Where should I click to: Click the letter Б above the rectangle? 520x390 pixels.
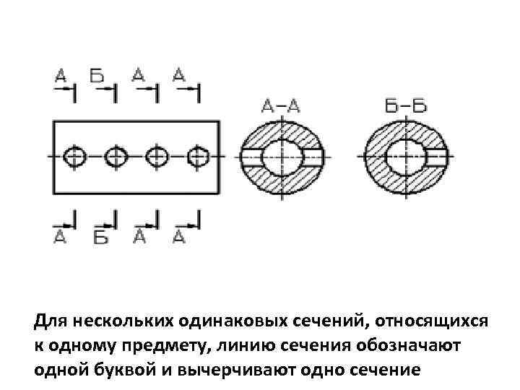(96, 74)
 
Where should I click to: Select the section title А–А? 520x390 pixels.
(281, 106)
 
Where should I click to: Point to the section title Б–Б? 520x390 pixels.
(405, 106)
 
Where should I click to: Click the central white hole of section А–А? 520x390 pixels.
(281, 156)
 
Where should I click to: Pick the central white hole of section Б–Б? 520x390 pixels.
(402, 156)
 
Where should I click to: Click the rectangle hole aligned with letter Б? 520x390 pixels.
(114, 155)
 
